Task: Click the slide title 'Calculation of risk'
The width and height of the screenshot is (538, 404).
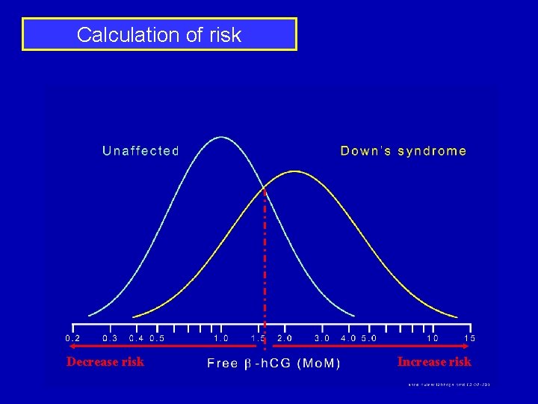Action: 159,34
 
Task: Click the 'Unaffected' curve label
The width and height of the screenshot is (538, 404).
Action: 140,151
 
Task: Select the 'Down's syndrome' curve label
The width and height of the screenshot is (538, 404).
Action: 403,151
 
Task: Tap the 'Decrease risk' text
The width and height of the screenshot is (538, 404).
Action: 105,362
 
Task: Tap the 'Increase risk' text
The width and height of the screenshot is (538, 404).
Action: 434,362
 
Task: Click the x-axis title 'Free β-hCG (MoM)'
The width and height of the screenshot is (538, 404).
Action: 273,364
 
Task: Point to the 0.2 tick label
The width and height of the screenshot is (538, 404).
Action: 73,338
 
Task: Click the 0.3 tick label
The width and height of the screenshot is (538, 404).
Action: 110,338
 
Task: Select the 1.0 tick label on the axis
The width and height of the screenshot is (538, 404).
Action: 221,338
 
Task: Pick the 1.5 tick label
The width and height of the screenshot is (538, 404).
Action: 258,338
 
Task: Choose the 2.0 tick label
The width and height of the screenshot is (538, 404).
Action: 285,338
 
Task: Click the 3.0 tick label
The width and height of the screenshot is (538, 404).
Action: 322,338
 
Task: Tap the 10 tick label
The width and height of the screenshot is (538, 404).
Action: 433,338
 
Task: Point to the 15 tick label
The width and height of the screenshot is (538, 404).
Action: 469,338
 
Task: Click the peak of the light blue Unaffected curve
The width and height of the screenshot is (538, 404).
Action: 220,137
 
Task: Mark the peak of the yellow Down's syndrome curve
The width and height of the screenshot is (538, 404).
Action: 295,171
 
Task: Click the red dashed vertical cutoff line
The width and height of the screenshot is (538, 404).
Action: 265,262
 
